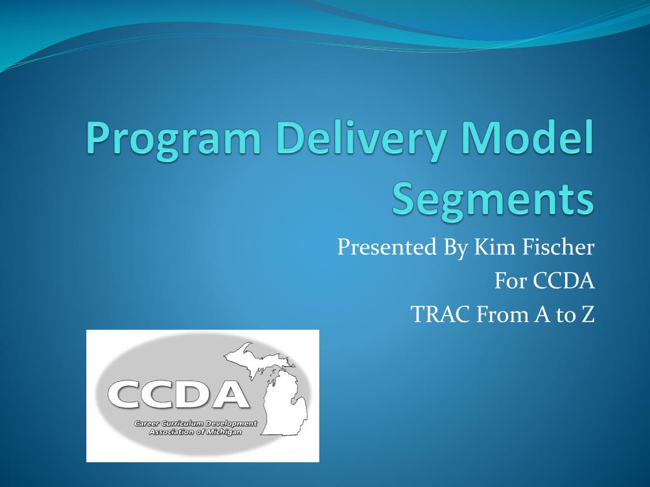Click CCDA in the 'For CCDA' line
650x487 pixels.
tap(563, 281)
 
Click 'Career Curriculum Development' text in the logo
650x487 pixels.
tap(195, 423)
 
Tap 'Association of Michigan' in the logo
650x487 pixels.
tap(195, 431)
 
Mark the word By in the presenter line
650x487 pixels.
tap(456, 247)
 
